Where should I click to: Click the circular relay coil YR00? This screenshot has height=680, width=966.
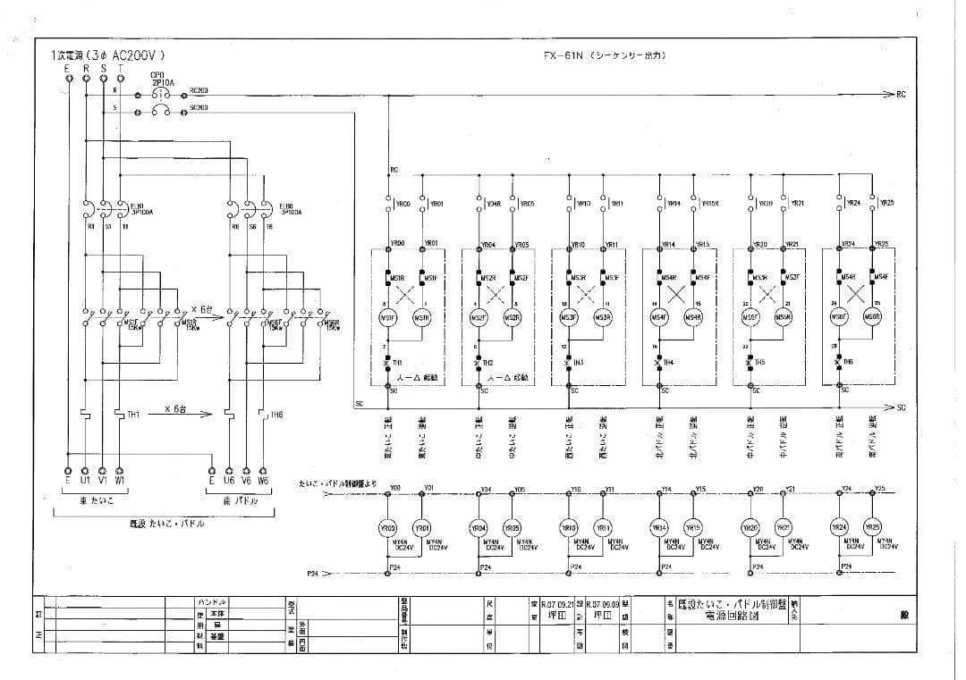point(388,527)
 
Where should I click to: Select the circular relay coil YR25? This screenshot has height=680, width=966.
point(872,527)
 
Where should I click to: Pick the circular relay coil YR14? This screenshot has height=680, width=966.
point(660,527)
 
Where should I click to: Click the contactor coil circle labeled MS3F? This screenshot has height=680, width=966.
point(569,318)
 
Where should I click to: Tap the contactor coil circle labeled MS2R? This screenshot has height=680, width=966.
point(512,318)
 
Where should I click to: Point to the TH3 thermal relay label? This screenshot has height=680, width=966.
point(578,363)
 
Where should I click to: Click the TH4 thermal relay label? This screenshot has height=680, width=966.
point(668,363)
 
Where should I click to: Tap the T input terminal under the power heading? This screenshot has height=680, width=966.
point(121,67)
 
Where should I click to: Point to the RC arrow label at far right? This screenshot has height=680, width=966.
point(900,93)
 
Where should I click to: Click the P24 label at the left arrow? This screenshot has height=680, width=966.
point(312,573)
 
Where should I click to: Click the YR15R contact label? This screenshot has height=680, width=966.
point(709,203)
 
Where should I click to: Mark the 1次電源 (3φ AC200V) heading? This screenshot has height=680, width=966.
point(108,55)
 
